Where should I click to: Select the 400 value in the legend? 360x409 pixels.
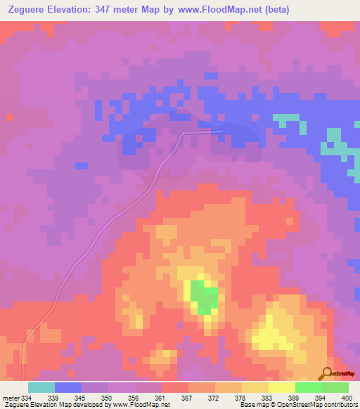click(347, 397)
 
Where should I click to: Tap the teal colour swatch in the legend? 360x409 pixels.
click(41, 387)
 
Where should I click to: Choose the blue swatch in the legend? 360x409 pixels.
click(68, 387)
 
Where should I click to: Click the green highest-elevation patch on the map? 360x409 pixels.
click(204, 297)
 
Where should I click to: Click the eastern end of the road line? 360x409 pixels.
click(221, 131)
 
